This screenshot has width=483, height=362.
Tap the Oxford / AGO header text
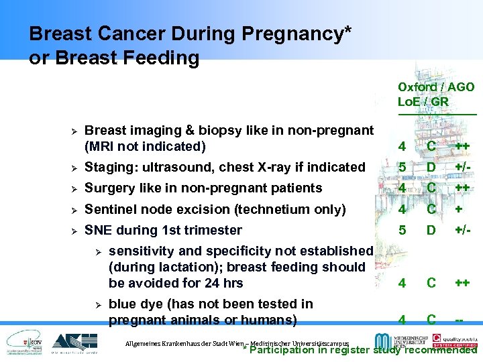pyautogui.click(x=436, y=87)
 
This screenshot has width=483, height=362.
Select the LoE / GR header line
pyautogui.click(x=423, y=102)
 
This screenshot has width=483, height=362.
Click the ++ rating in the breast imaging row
pyautogui.click(x=462, y=147)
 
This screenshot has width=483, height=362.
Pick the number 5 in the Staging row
pyautogui.click(x=401, y=167)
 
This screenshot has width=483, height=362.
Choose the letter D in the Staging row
pyautogui.click(x=432, y=167)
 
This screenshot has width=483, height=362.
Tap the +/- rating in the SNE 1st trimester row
pyautogui.click(x=462, y=230)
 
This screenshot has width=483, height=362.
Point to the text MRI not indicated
pyautogui.click(x=146, y=146)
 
